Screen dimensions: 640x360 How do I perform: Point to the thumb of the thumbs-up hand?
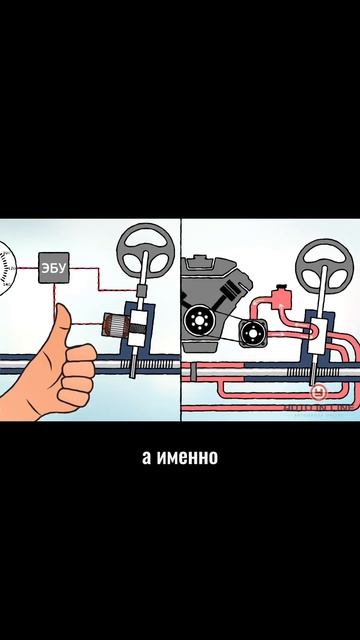pyautogui.click(x=62, y=323)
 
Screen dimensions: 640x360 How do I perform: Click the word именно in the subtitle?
pyautogui.click(x=188, y=460)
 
